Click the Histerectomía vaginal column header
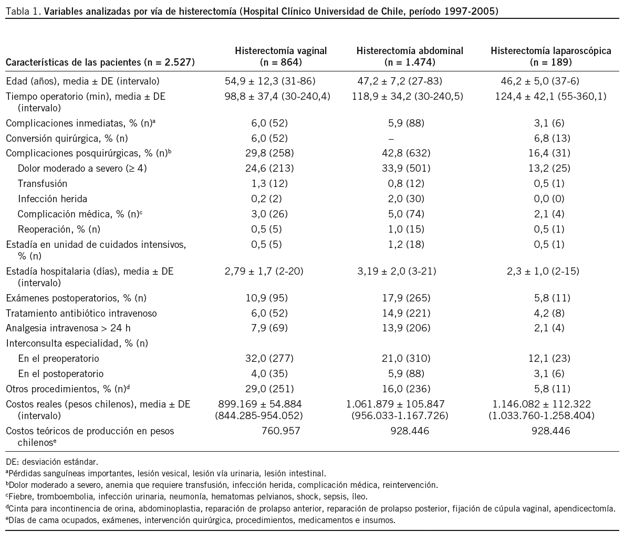click(280, 56)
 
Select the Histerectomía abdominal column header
click(410, 56)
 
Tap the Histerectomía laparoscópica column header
click(550, 56)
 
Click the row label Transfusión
click(43, 184)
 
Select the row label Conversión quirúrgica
click(67, 139)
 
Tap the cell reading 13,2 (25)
click(550, 169)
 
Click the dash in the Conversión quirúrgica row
click(390, 139)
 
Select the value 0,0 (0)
click(550, 199)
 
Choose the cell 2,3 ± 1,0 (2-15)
click(550, 272)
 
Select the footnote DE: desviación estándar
click(52, 462)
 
